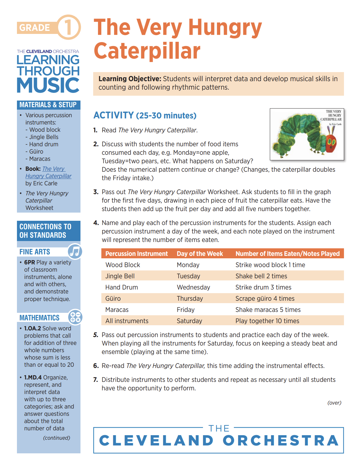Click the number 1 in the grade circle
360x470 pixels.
tap(69, 27)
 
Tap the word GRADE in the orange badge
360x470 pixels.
tap(34, 28)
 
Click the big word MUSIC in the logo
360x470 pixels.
tap(48, 85)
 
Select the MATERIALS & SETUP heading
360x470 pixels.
tap(48, 105)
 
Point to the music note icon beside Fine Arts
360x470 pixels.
tap(75, 251)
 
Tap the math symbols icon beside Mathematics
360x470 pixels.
tap(75, 317)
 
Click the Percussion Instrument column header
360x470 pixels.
tap(136, 254)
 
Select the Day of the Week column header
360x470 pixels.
tap(200, 254)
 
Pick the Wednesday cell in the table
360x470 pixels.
tap(193, 287)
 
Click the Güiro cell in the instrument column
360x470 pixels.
tap(113, 299)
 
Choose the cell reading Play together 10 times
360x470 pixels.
tap(267, 321)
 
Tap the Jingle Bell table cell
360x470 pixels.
tap(120, 276)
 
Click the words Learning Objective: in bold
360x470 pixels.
tap(130, 79)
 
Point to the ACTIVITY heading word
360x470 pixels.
tap(113, 115)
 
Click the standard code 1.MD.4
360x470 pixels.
tap(33, 377)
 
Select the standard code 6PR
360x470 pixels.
tap(30, 262)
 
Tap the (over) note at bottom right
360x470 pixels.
tap(334, 403)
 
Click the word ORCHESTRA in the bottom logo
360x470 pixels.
tap(281, 441)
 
